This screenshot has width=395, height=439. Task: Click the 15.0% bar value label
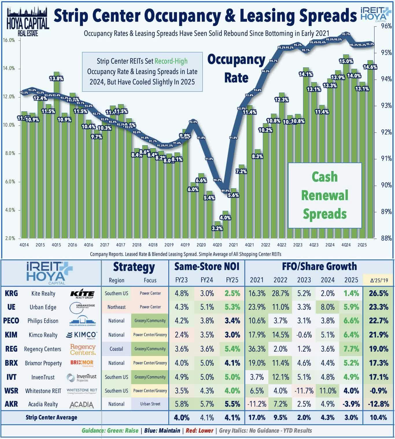(x=346, y=61)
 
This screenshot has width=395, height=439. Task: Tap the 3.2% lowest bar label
(x=217, y=228)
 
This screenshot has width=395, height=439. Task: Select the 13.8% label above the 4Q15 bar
(x=56, y=78)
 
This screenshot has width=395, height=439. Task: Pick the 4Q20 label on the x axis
(x=217, y=245)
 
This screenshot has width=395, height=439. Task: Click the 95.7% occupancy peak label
(x=346, y=34)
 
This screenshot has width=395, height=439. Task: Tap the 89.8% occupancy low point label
(x=225, y=191)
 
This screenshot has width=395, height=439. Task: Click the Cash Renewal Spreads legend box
(x=325, y=195)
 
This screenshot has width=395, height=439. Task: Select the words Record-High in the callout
(x=171, y=61)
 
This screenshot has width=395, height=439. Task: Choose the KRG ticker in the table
(x=11, y=293)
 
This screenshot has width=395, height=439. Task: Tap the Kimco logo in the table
(x=82, y=335)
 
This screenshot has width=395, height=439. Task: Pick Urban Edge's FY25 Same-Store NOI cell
(x=232, y=307)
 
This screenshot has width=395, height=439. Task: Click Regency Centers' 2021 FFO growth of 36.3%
(x=257, y=349)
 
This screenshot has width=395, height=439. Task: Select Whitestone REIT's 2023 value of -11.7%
(x=304, y=391)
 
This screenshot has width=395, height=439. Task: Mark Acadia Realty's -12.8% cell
(x=379, y=404)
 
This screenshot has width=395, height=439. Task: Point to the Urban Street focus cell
(x=150, y=404)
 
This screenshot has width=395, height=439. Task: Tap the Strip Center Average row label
(x=51, y=417)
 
